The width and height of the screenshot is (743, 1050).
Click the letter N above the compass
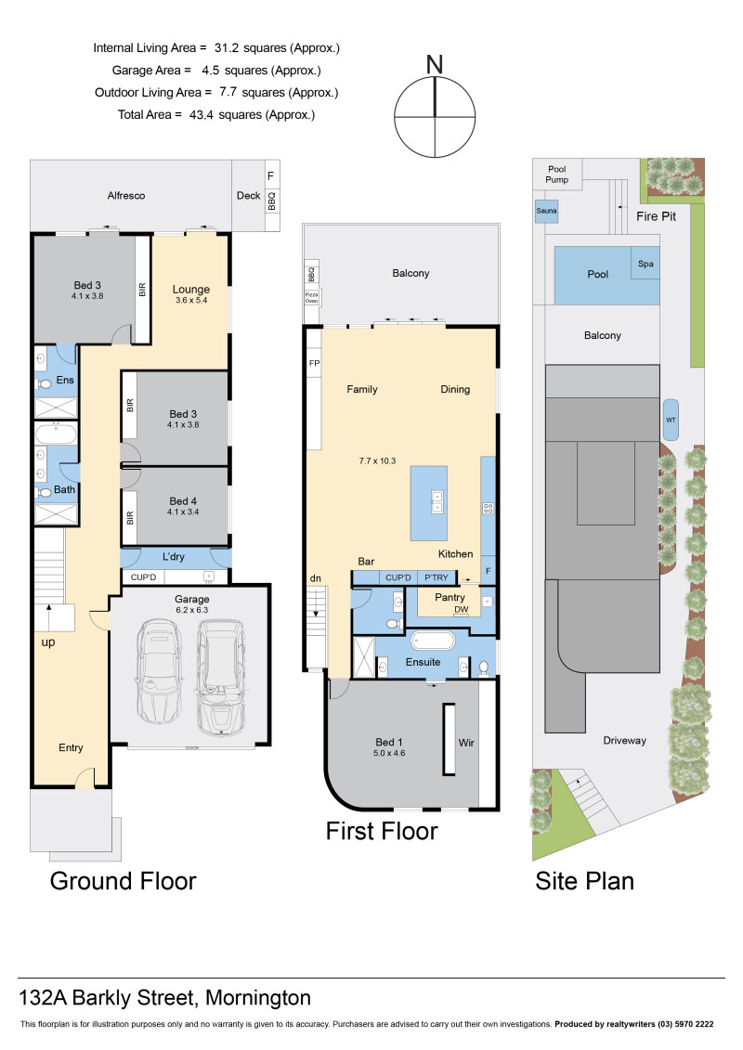pyautogui.click(x=434, y=64)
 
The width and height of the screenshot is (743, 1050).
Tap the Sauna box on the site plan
pyautogui.click(x=546, y=211)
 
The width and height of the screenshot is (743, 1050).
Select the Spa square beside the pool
pyautogui.click(x=645, y=264)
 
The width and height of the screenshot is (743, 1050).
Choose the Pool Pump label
pyautogui.click(x=556, y=173)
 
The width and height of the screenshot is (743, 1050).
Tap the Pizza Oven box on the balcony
pyautogui.click(x=311, y=297)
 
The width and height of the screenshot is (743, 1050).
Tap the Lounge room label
pyautogui.click(x=191, y=289)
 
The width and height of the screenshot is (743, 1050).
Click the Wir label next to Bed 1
pyautogui.click(x=465, y=743)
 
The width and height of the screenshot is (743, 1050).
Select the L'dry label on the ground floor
pyautogui.click(x=175, y=556)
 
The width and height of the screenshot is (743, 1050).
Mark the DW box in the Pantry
pyautogui.click(x=461, y=610)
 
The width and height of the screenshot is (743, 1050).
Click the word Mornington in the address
pyautogui.click(x=258, y=999)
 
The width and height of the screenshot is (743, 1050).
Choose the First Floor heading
pyautogui.click(x=381, y=831)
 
